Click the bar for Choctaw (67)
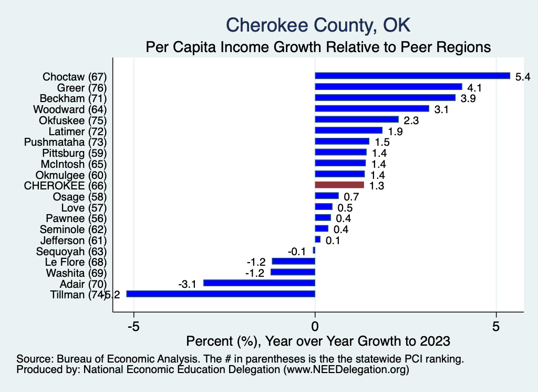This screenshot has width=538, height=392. (412, 76)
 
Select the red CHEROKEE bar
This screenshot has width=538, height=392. (339, 185)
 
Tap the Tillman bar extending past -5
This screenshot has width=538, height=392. (221, 294)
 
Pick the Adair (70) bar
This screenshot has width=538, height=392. (259, 283)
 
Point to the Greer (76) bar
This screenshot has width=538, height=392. (388, 87)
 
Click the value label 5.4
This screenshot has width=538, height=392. (523, 77)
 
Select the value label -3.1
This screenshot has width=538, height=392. (188, 284)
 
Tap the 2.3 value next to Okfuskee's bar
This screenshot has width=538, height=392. (411, 120)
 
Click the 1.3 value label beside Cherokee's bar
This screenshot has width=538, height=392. (377, 186)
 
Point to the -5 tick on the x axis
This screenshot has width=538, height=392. (134, 325)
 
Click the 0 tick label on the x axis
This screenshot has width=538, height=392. (315, 325)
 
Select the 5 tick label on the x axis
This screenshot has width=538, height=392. (495, 325)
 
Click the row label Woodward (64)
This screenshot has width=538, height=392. (70, 109)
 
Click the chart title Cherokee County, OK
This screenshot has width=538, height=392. (317, 25)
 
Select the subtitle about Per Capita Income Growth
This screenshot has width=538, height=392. (318, 47)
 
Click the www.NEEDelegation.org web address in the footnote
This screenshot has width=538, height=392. (346, 370)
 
